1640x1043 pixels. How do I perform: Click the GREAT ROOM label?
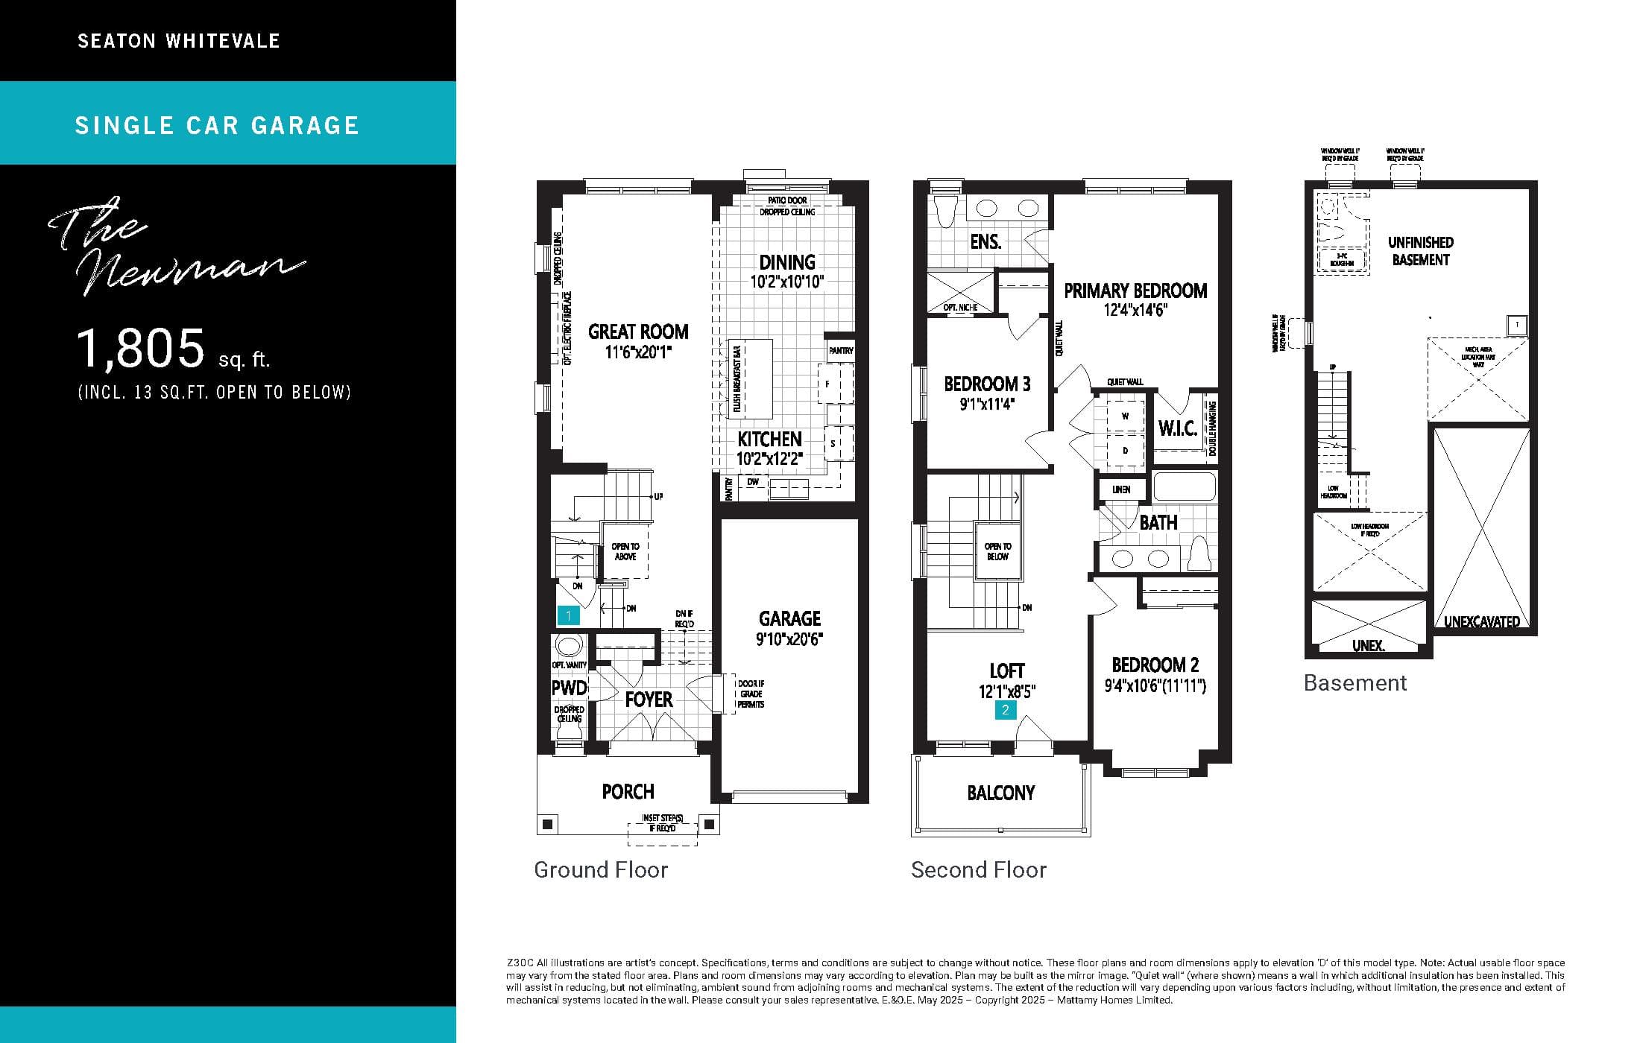pyautogui.click(x=638, y=332)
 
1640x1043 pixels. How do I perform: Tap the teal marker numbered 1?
pyautogui.click(x=568, y=615)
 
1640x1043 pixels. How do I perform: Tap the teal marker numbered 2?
pyautogui.click(x=1005, y=710)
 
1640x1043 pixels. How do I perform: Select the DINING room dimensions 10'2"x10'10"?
pyautogui.click(x=787, y=282)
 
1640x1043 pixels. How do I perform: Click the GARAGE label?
pyautogui.click(x=789, y=618)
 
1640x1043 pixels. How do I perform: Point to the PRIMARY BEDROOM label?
pyautogui.click(x=1135, y=291)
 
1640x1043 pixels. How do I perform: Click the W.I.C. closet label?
pyautogui.click(x=1178, y=428)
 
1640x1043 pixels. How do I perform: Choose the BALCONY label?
pyautogui.click(x=1000, y=793)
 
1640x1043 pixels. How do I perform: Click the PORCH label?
pyautogui.click(x=628, y=791)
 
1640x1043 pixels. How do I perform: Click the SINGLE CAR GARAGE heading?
pyautogui.click(x=217, y=125)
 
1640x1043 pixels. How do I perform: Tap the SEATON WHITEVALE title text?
pyautogui.click(x=179, y=41)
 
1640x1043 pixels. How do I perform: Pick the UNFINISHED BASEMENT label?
pyautogui.click(x=1420, y=251)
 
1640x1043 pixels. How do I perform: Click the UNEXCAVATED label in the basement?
pyautogui.click(x=1481, y=621)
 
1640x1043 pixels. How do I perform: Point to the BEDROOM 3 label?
pyautogui.click(x=987, y=384)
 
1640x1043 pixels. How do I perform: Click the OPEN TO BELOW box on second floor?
pyautogui.click(x=997, y=551)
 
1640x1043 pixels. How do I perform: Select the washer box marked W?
pyautogui.click(x=1125, y=416)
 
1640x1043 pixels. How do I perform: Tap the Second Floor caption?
pyautogui.click(x=979, y=869)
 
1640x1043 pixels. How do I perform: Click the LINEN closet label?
pyautogui.click(x=1121, y=489)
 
